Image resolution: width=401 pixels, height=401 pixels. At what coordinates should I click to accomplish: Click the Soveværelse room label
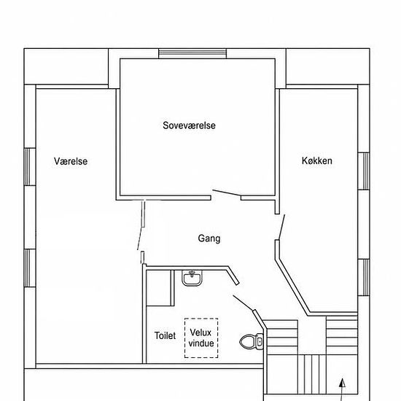click(189, 125)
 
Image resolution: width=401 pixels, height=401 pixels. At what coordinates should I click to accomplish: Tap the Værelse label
click(71, 161)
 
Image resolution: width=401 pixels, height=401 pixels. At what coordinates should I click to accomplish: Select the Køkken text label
click(317, 160)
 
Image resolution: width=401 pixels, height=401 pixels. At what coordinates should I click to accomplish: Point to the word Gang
click(209, 238)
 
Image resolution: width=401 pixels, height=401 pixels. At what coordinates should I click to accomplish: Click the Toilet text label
click(165, 335)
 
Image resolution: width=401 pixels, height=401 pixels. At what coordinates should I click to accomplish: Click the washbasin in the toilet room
click(192, 278)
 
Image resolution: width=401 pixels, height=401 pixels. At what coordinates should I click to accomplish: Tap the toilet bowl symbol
click(251, 342)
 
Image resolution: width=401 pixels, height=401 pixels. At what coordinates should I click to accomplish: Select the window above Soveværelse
click(192, 54)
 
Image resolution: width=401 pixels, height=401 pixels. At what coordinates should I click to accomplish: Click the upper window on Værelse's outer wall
click(30, 167)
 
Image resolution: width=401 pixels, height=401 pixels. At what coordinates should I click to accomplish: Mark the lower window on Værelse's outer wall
click(30, 268)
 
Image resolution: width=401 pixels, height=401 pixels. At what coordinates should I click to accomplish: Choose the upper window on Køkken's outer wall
click(364, 171)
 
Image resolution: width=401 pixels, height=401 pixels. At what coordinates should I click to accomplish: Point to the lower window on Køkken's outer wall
click(364, 278)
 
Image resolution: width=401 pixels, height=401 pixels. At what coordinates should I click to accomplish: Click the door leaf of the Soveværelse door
click(227, 192)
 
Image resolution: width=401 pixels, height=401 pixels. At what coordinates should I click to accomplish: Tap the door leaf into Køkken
click(281, 227)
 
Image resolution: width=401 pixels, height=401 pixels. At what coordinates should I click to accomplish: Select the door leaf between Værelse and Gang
click(140, 238)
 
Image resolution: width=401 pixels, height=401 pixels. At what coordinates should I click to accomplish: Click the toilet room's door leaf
click(243, 303)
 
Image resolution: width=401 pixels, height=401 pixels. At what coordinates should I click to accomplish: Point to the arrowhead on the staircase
click(343, 383)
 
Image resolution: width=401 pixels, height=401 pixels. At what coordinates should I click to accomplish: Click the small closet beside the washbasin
click(158, 288)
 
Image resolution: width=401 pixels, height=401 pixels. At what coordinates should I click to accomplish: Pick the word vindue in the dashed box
click(201, 343)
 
